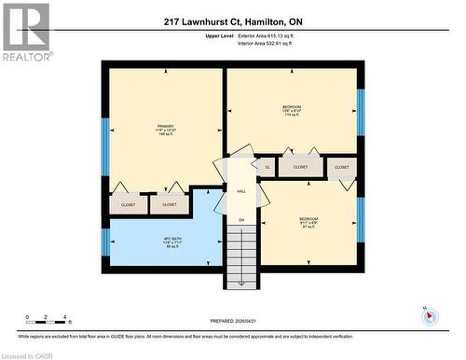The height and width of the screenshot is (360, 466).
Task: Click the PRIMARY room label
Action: pos(166,127)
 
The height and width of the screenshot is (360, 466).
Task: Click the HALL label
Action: pos(240,191)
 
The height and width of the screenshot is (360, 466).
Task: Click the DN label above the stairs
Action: pos(240,220)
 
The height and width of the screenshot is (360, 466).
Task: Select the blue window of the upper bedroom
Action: pos(361,112)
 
